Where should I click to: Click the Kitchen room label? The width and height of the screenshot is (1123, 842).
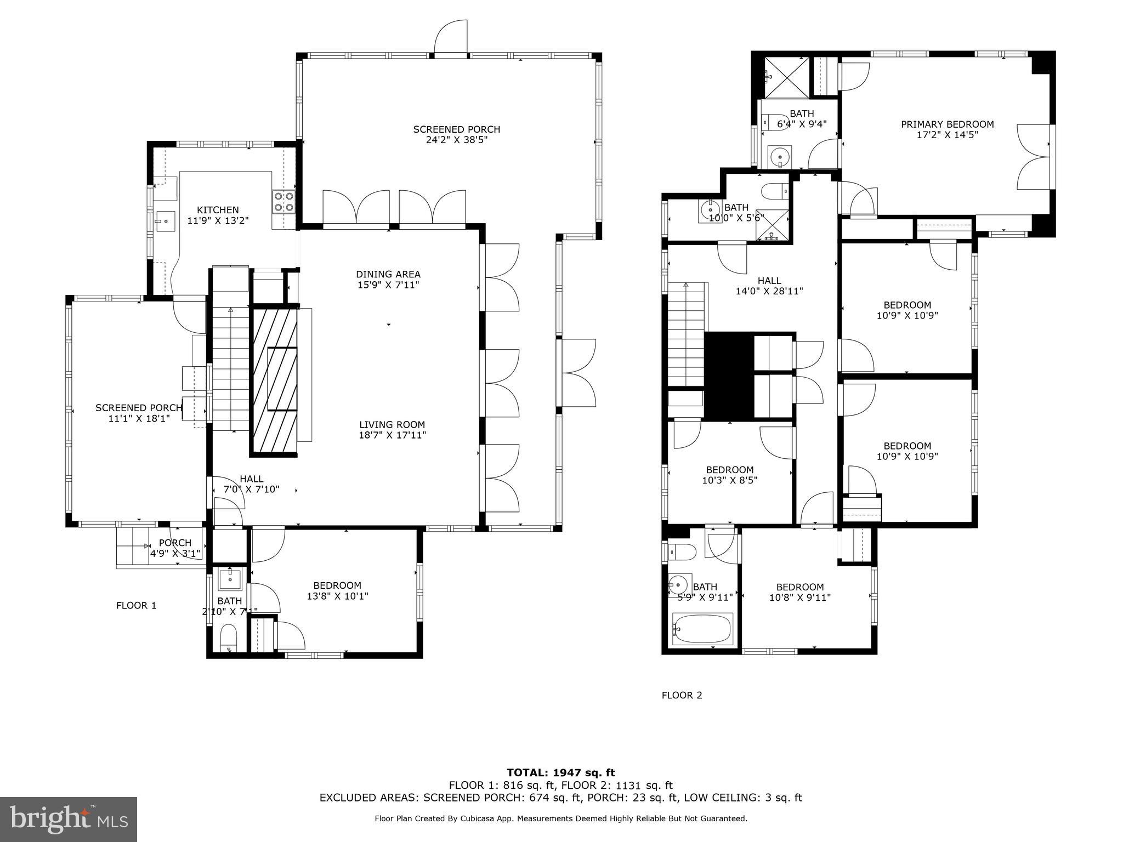218,210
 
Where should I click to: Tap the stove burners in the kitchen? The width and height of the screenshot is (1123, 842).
283,201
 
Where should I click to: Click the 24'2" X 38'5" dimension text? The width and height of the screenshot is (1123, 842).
456,140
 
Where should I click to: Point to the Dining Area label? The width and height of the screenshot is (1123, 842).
388,274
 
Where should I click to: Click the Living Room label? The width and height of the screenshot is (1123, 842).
392,424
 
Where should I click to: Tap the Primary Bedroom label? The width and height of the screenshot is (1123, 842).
947,124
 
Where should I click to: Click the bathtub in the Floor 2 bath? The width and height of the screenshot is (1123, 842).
702,629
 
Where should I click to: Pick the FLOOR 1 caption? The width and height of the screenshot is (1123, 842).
136,605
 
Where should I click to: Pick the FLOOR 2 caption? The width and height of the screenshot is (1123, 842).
682,695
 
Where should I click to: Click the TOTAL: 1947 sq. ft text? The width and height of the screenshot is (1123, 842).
560,773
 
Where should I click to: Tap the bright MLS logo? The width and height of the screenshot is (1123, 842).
69,820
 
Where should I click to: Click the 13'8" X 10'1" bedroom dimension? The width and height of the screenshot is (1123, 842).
337,596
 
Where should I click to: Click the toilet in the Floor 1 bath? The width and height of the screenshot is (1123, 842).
229,639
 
